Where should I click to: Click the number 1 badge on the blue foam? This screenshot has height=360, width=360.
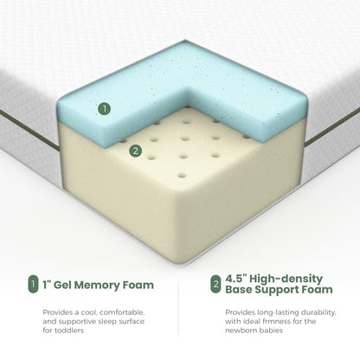click(105, 109)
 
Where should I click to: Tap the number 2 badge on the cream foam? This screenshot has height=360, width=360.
click(134, 151)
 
